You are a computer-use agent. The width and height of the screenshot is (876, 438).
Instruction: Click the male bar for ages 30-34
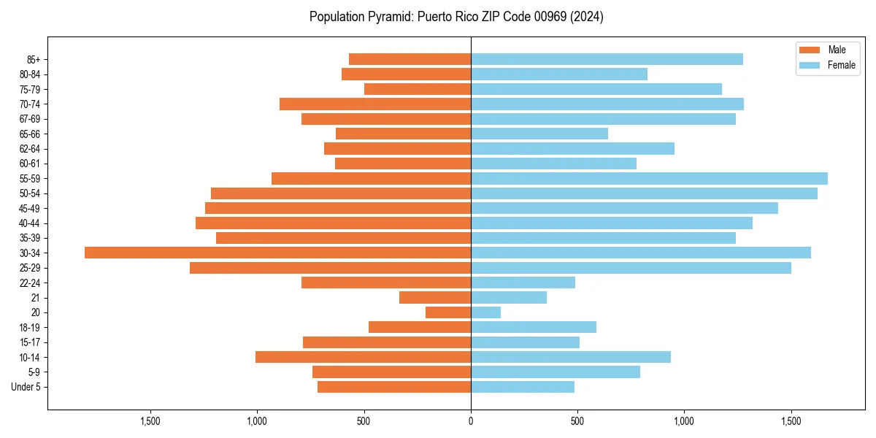277,253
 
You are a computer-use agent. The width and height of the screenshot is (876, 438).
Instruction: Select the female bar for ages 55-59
649,178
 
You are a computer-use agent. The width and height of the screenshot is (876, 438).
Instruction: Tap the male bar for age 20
448,312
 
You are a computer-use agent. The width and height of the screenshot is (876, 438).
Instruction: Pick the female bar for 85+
607,59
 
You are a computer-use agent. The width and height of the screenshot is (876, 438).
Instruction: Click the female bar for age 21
509,298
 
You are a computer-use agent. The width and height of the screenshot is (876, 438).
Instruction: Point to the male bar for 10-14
363,357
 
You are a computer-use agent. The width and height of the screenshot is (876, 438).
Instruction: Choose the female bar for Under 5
523,387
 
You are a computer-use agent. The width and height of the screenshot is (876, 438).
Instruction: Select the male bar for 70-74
375,104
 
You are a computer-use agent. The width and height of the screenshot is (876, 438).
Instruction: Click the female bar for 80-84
559,74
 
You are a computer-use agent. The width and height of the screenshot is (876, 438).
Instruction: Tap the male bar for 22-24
386,283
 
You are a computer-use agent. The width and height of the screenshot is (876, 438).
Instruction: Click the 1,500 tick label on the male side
150,421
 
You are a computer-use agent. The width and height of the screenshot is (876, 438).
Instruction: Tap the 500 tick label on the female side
577,421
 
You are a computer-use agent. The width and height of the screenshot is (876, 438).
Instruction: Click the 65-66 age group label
30,134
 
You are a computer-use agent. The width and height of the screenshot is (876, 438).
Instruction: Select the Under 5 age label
26,387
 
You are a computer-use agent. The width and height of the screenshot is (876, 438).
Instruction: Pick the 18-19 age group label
30,327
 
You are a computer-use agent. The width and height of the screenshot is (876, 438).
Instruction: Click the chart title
456,17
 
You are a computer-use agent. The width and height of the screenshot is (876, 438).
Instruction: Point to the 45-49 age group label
30,208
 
